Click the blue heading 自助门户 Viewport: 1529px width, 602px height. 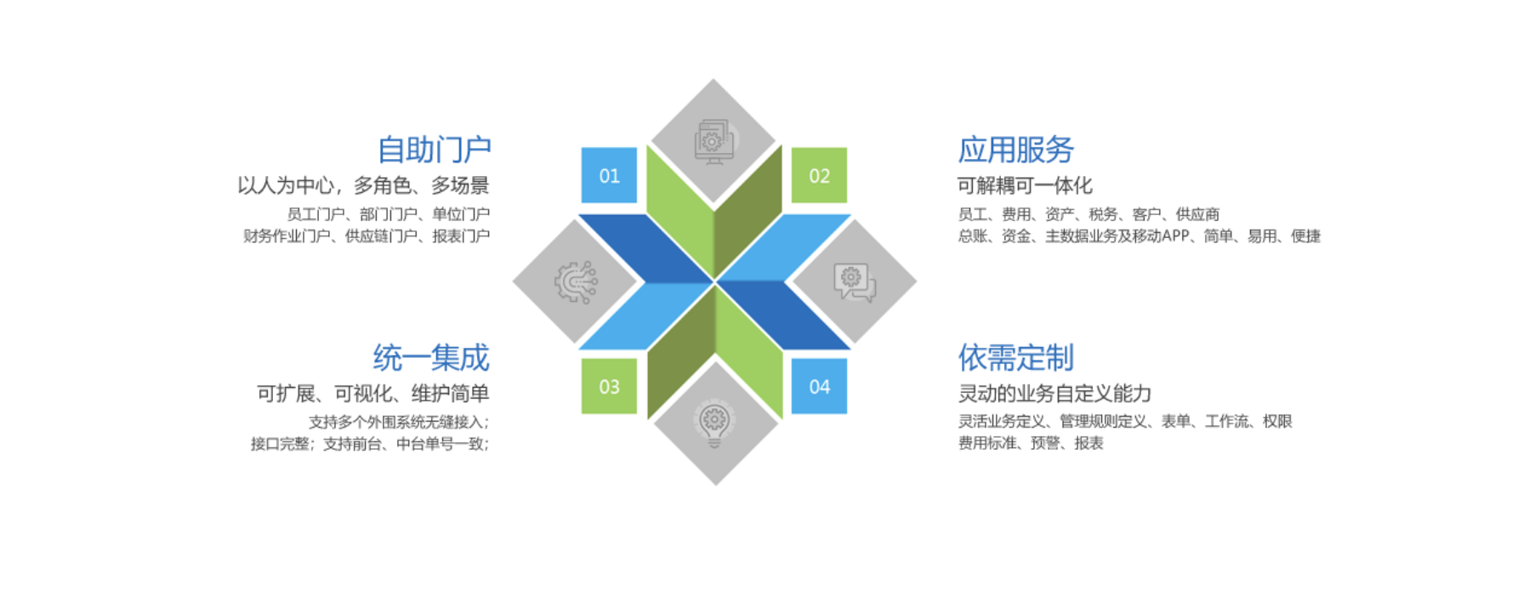tap(434, 150)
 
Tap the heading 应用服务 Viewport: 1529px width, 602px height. tap(1015, 150)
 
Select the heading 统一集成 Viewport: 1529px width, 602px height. tap(431, 358)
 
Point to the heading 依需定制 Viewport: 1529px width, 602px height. tap(1015, 358)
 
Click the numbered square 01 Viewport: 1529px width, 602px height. tap(609, 176)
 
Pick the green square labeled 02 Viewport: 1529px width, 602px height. tap(819, 176)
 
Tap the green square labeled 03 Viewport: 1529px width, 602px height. tap(609, 387)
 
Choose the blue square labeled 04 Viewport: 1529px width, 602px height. tap(819, 387)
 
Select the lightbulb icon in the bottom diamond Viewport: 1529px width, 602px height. tap(714, 424)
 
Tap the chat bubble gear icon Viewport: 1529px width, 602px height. tap(855, 282)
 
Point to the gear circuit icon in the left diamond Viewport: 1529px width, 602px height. tap(576, 282)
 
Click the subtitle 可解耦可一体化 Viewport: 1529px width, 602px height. tap(1024, 185)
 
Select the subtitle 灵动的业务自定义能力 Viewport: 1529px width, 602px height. tap(1054, 394)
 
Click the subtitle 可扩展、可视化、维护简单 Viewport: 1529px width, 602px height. tap(372, 394)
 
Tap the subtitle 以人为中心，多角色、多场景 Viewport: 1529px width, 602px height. tap(363, 185)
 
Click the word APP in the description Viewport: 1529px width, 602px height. tap(1174, 236)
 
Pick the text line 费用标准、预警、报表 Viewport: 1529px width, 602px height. tap(1031, 443)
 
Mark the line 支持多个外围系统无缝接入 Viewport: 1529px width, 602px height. tap(398, 422)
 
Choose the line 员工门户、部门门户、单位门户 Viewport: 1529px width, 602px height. tap(388, 214)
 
